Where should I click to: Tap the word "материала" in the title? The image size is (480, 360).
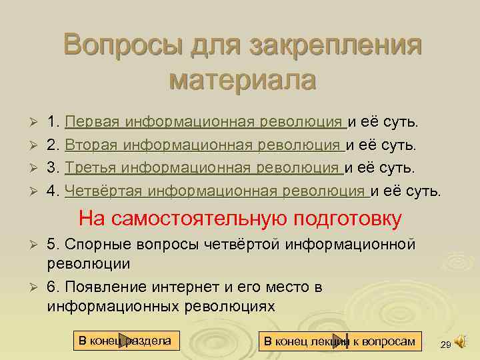243,81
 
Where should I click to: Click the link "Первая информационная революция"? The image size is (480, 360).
205,123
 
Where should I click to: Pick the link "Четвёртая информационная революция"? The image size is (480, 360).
216,192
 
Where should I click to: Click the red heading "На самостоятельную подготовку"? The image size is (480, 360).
240,219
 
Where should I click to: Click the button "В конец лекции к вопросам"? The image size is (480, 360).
339,342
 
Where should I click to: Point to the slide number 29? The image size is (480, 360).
445,344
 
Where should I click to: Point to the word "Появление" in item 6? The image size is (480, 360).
107,288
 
